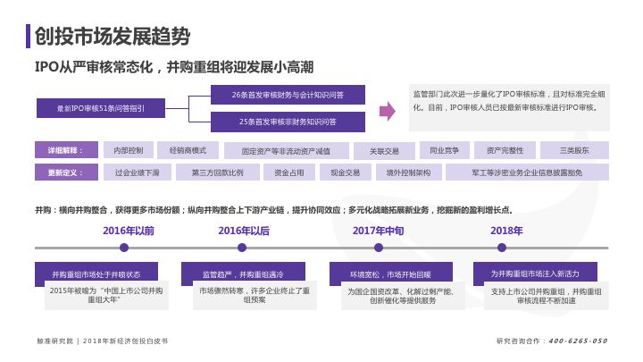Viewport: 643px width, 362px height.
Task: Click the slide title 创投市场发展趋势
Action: coord(112,36)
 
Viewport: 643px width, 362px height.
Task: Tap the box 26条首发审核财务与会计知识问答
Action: coord(288,94)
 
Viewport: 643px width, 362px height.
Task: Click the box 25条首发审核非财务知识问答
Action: coord(288,121)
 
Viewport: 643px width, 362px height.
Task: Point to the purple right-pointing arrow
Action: coord(388,111)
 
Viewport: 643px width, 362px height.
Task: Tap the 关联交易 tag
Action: coord(384,150)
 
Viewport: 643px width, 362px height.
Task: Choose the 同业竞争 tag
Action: coord(444,149)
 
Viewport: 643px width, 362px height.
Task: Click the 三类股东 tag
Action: coord(574,149)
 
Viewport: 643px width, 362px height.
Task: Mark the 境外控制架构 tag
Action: coord(409,173)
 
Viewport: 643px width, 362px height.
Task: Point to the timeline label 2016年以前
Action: coord(129,231)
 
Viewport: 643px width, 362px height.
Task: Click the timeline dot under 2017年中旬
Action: coord(378,248)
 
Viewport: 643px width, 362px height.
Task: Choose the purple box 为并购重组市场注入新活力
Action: coord(535,273)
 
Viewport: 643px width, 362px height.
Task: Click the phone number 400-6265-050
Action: coord(577,341)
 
